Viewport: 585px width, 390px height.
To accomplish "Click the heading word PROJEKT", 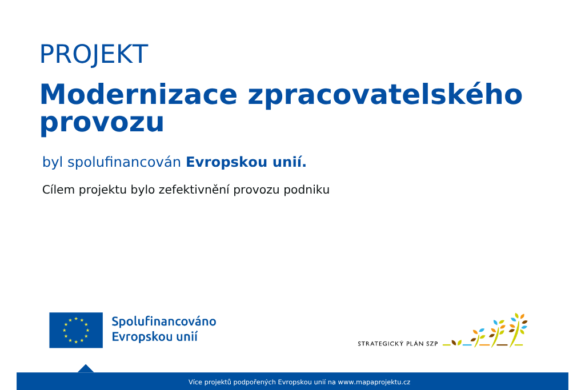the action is tap(94, 54).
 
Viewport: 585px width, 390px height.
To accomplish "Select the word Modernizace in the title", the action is tap(138, 94).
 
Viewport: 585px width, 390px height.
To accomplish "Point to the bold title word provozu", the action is tap(102, 123).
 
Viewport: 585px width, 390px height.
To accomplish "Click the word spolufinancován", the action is tap(124, 162).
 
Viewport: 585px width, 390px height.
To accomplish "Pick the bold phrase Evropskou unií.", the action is tap(246, 162).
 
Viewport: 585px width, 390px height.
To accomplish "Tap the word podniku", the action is tap(306, 190).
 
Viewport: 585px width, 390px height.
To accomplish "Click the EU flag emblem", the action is tap(76, 331).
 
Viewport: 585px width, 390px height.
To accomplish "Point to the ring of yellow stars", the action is tap(76, 331).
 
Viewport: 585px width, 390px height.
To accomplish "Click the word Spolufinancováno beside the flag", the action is tap(164, 321).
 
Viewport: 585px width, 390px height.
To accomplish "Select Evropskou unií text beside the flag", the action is tap(154, 337).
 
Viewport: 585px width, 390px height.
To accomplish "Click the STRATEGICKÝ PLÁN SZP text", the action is tap(398, 344).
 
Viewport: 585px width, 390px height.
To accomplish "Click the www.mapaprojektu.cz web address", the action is tap(374, 382).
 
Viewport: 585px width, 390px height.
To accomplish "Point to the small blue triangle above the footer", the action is tap(86, 369).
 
